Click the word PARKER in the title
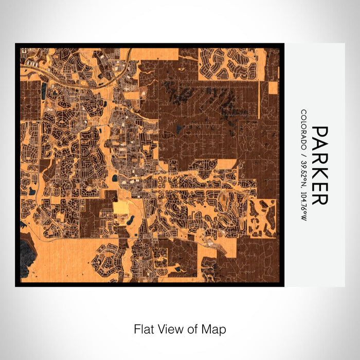tap(319, 166)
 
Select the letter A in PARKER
tap(319, 146)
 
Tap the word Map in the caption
tap(217, 329)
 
